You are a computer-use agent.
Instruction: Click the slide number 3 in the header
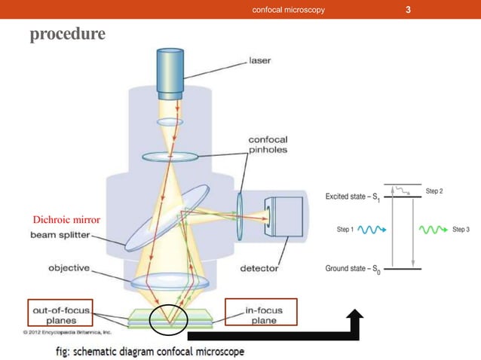click(x=408, y=10)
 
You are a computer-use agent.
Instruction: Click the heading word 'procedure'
click(x=68, y=35)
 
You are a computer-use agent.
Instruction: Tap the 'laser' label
click(x=261, y=60)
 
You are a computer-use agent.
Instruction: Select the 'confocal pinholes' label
click(x=268, y=144)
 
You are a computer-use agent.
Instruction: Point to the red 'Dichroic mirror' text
click(x=67, y=220)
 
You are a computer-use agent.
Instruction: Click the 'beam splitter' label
click(x=59, y=236)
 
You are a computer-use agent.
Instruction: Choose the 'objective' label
click(x=69, y=267)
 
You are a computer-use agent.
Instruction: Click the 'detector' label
click(x=259, y=268)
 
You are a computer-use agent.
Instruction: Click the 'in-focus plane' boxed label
click(x=262, y=313)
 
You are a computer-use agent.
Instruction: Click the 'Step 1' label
click(x=342, y=229)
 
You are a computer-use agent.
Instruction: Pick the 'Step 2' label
click(x=434, y=191)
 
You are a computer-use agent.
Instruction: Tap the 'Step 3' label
click(x=461, y=229)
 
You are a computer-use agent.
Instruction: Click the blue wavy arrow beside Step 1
click(x=372, y=229)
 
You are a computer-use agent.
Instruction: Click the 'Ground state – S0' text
click(x=353, y=269)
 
